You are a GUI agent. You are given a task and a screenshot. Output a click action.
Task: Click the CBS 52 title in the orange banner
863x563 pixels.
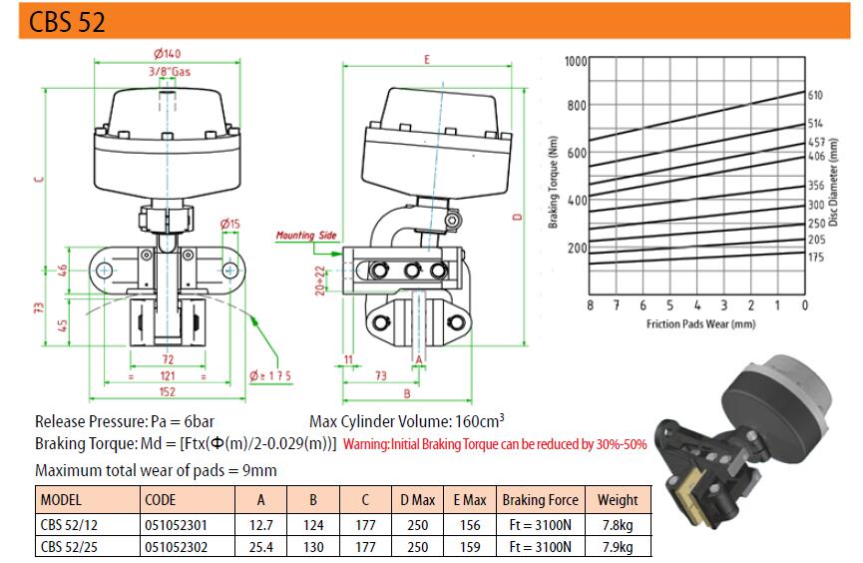point(67,22)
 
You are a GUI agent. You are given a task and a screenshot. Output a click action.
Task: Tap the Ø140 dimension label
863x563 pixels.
point(167,54)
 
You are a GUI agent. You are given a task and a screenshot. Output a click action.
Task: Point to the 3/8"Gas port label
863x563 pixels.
point(170,72)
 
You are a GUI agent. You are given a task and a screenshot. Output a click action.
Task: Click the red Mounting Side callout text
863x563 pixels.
point(306,236)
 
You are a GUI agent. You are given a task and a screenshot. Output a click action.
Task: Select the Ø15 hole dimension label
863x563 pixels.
point(230,224)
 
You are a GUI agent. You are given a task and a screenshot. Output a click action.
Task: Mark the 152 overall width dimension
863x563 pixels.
point(167,391)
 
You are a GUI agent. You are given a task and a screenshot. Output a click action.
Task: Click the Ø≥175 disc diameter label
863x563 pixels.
point(269,375)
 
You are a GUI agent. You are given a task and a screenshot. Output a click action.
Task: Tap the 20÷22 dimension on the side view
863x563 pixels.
point(320,281)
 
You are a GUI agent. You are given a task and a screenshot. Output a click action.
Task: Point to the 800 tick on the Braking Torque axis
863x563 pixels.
point(577,105)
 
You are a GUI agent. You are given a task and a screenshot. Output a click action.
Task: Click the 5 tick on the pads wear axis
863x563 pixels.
point(669,305)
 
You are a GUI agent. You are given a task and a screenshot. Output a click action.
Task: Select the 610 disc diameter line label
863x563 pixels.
point(815,95)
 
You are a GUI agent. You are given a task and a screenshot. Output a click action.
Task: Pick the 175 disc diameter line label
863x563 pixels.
point(816,257)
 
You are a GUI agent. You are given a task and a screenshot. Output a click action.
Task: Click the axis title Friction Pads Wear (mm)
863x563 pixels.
point(700,323)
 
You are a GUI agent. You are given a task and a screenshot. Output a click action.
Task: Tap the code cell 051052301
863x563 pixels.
point(177,525)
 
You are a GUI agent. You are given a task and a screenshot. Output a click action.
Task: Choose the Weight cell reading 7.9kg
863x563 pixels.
point(618,547)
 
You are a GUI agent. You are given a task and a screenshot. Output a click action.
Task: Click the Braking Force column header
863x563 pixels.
point(540,500)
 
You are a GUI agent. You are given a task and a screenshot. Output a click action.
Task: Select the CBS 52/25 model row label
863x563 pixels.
point(69,547)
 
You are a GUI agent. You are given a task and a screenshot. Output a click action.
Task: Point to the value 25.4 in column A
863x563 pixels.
point(260,547)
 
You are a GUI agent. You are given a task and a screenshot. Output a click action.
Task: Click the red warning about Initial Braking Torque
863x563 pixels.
point(495,444)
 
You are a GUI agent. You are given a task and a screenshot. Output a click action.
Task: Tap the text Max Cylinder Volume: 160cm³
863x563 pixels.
point(407,421)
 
